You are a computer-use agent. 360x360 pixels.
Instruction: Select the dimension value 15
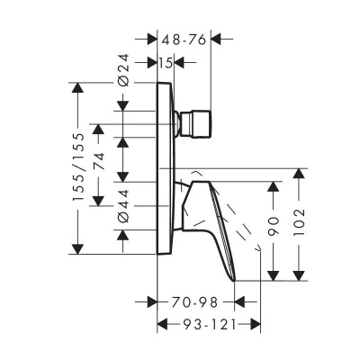pyautogui.click(x=165, y=62)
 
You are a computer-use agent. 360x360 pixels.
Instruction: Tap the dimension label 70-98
pyautogui.click(x=196, y=301)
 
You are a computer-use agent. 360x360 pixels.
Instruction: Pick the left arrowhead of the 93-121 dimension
pyautogui.click(x=162, y=325)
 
